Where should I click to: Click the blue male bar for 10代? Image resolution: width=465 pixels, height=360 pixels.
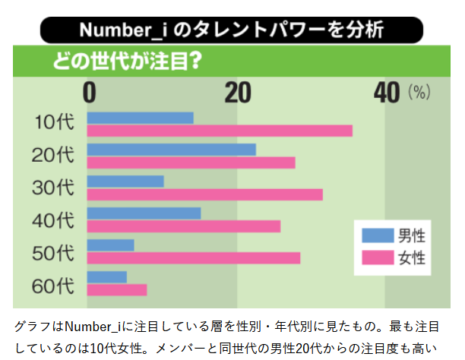pos(141,118)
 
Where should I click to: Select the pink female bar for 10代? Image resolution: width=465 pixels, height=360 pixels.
pos(220,131)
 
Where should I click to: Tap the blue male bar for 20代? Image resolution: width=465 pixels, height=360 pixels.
pos(172,150)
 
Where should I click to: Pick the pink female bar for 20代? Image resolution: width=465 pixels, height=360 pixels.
pos(191,163)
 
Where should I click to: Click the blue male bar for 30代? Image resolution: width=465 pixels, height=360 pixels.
pos(125,182)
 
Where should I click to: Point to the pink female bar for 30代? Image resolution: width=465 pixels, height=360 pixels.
pos(205,194)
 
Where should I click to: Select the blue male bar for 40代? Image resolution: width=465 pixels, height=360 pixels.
pos(144,213)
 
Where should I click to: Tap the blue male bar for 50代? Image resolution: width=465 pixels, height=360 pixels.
pos(111,245)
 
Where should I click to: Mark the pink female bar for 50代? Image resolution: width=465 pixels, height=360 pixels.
pos(194,258)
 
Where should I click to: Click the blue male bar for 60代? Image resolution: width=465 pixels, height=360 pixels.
pos(107,276)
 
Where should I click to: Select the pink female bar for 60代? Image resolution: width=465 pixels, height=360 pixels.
pos(117,289)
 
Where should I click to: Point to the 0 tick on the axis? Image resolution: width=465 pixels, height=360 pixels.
pos(90,93)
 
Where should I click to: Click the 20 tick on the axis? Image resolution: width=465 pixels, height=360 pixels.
pos(238,93)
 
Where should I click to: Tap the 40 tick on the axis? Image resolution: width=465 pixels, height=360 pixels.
pos(387,93)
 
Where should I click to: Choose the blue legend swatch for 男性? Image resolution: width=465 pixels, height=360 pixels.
pos(375,235)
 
